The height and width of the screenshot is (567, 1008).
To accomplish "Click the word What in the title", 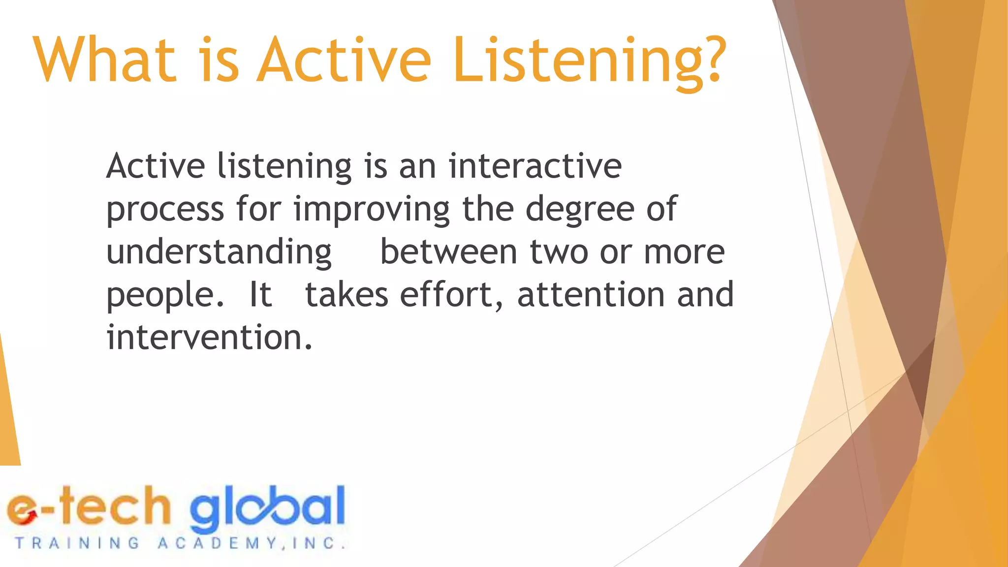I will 105,60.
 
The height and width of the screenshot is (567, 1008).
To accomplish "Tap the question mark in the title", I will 710,60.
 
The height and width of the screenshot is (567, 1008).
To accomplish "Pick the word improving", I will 372,209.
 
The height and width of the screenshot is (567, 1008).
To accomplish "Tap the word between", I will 448,252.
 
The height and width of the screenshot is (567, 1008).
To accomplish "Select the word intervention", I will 209,337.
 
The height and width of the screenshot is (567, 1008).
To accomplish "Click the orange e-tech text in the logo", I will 89,507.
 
